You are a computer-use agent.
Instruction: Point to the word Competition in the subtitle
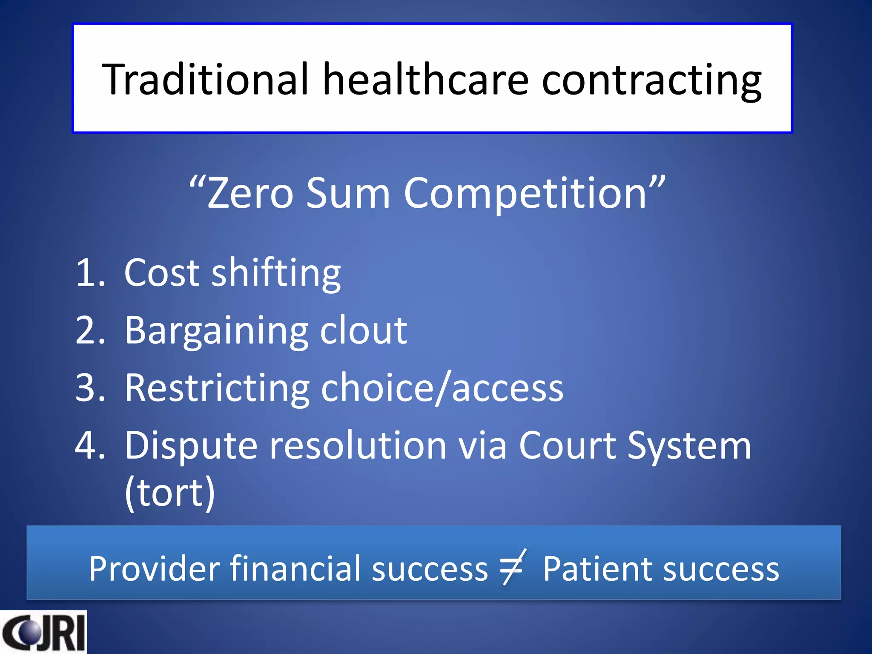525,194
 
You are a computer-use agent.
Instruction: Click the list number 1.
89,272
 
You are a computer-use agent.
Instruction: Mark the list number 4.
89,445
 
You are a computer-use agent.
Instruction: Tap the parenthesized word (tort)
169,493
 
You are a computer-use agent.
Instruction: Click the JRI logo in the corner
43,632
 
